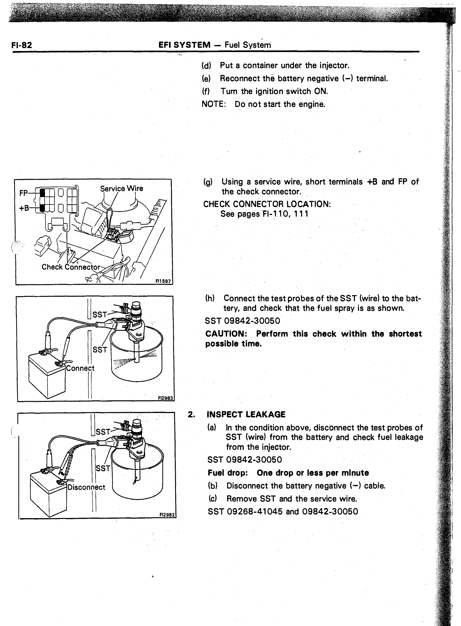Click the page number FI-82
click(x=22, y=45)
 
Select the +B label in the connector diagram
click(x=24, y=208)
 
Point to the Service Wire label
click(x=121, y=189)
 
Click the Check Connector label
click(x=71, y=267)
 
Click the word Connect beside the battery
click(x=80, y=368)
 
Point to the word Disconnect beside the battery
click(x=87, y=487)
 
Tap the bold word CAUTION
click(x=228, y=334)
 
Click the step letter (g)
click(x=208, y=182)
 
